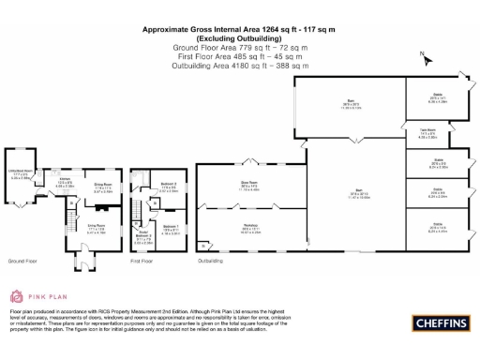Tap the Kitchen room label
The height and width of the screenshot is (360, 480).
(65, 183)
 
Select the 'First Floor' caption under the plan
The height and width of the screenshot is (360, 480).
(142, 261)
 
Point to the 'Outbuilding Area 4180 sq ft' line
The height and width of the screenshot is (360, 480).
(239, 67)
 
